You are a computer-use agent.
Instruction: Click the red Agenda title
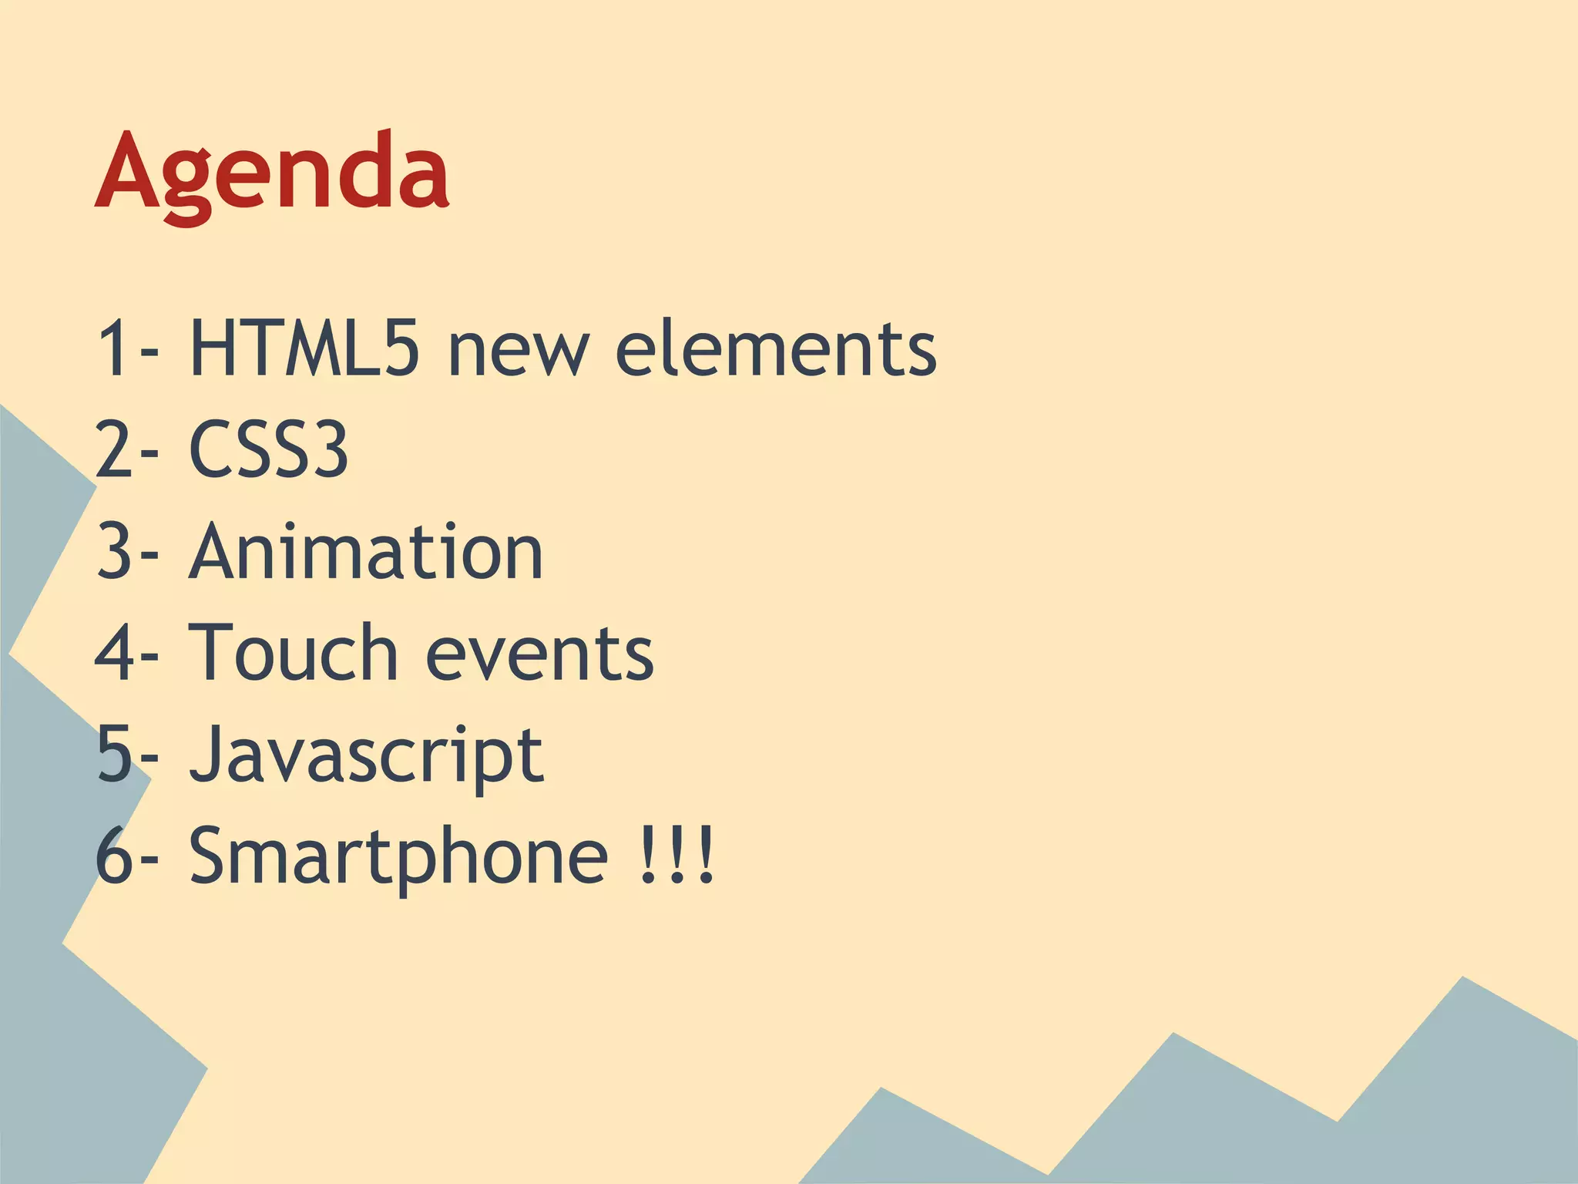pyautogui.click(x=272, y=173)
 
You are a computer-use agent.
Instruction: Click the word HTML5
pyautogui.click(x=304, y=348)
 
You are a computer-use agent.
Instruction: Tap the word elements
pyautogui.click(x=775, y=348)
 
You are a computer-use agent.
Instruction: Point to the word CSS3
pyautogui.click(x=268, y=449)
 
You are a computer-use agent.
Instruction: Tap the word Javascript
pyautogui.click(x=366, y=755)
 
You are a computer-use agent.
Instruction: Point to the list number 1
pyautogui.click(x=112, y=348)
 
